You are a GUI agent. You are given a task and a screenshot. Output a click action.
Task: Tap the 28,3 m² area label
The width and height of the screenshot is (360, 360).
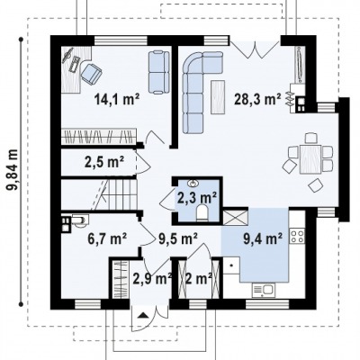[257, 99]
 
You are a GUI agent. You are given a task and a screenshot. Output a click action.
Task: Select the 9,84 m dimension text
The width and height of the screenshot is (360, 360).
[13, 169]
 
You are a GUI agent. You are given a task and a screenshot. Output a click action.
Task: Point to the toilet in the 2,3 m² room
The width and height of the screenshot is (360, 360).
[202, 212]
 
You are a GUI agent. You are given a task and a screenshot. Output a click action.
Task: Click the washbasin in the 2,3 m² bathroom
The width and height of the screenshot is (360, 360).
[193, 182]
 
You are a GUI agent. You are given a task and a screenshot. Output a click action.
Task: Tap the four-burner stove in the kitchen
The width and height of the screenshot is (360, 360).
[297, 236]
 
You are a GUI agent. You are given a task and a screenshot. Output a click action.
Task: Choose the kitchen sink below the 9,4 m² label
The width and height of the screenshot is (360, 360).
[263, 291]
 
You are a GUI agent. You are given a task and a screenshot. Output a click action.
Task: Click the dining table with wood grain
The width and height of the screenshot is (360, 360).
[310, 159]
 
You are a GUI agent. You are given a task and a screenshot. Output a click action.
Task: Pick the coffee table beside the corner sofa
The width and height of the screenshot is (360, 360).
[218, 97]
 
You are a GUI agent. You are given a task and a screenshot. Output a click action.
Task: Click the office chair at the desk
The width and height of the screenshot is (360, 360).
[91, 73]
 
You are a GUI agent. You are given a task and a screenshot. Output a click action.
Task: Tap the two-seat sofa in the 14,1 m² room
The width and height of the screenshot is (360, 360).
[158, 72]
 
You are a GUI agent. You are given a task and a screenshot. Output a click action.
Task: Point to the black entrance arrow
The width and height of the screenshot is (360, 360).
[143, 315]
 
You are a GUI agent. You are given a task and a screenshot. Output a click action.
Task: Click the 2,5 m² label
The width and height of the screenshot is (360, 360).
[104, 162]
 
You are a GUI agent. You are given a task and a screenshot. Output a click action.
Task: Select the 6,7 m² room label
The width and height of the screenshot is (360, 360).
[107, 238]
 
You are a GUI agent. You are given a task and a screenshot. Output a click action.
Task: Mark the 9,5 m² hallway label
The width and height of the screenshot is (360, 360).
[178, 238]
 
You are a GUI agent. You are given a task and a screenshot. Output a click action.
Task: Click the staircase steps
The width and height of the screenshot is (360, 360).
[114, 194]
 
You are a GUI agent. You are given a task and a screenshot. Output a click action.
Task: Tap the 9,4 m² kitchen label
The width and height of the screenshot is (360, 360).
[263, 239]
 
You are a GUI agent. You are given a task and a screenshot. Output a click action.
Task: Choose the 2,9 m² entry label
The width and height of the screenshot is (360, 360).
[152, 279]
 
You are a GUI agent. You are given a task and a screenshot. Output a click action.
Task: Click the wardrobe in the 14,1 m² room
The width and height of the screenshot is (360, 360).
[99, 136]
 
